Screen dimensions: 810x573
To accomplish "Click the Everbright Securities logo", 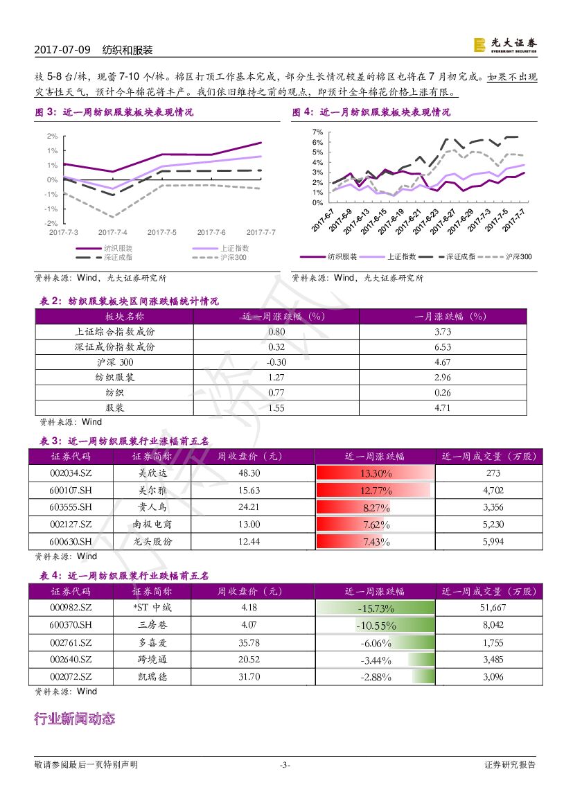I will point(505,45).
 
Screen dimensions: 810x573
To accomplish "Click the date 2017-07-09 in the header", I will point(62,51).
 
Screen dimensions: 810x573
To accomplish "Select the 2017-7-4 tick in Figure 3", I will point(112,233).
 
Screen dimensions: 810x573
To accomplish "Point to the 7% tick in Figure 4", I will point(317,132).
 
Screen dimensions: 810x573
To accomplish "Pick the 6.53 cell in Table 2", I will point(442,347).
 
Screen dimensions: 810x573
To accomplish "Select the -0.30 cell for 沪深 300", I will point(276,362).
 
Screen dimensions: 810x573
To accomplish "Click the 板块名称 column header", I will point(115,316).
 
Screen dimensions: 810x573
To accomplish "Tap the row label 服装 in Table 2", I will point(115,408).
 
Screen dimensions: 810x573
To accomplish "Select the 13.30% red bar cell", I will point(376,473).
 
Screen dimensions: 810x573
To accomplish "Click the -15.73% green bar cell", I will point(376,608).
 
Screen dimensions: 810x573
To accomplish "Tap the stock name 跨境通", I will point(152,660).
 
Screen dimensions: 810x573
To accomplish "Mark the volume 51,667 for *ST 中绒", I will point(493,608).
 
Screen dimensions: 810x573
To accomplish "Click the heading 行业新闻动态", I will point(74,719).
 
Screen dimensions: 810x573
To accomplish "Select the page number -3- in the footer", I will point(285,765).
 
